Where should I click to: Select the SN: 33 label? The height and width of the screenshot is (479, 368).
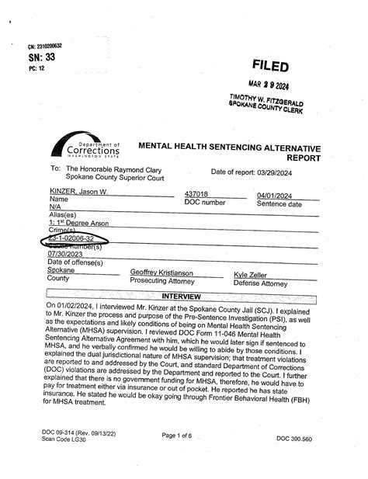pos(42,57)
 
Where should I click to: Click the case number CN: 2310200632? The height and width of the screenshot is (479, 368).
pos(44,46)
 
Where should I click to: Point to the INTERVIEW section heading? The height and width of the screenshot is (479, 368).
pos(180,297)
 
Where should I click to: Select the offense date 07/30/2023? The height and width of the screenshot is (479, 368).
pos(64,254)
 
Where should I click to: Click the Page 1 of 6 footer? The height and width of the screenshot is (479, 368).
pos(182,436)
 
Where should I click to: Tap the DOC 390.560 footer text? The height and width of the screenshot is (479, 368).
pos(293,439)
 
